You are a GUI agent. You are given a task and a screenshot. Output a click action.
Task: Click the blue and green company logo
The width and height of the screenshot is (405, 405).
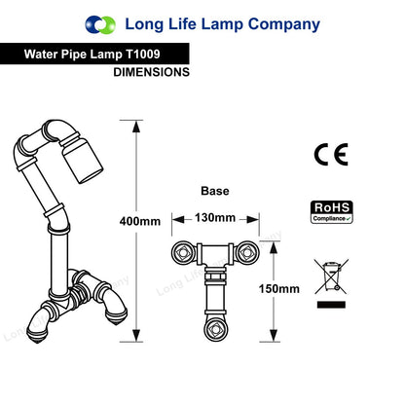tap(100, 24)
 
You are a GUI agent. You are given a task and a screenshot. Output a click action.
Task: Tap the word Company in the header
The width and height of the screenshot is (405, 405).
tap(284, 25)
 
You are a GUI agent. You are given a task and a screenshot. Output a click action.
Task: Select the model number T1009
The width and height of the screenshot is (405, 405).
tap(142, 54)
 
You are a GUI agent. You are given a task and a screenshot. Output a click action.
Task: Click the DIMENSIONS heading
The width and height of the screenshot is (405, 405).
tap(151, 72)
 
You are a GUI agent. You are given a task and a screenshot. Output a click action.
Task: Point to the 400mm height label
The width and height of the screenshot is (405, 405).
tap(140, 221)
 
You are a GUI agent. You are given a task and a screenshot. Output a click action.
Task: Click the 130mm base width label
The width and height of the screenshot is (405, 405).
tap(215, 217)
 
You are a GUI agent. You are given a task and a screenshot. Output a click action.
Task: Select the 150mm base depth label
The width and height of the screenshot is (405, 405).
tap(279, 288)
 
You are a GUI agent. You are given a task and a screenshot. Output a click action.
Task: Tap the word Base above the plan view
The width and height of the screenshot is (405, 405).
tap(215, 191)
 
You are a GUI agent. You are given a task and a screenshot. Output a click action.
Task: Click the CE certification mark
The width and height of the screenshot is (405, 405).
tap(331, 154)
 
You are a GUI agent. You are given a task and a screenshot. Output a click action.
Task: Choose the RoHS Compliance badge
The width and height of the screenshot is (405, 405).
tap(332, 212)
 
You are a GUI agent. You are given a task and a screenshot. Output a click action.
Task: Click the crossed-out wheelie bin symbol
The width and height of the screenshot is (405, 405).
tap(331, 276)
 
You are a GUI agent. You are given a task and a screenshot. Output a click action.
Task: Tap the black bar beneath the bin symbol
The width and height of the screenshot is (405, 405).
tap(331, 305)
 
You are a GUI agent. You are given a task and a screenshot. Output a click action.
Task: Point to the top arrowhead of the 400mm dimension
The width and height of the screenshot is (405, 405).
tap(136, 127)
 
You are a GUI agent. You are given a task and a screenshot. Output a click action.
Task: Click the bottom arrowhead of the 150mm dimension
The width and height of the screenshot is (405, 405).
tap(274, 335)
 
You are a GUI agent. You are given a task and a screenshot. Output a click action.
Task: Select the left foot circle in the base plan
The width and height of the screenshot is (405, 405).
tap(183, 252)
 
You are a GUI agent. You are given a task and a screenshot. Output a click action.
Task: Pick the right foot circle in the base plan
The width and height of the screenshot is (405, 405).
tap(247, 252)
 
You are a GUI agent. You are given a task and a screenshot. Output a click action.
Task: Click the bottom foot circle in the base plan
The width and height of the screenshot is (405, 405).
tap(215, 329)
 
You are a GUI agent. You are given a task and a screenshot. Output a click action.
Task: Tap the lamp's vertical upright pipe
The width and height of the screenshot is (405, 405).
tap(59, 260)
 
